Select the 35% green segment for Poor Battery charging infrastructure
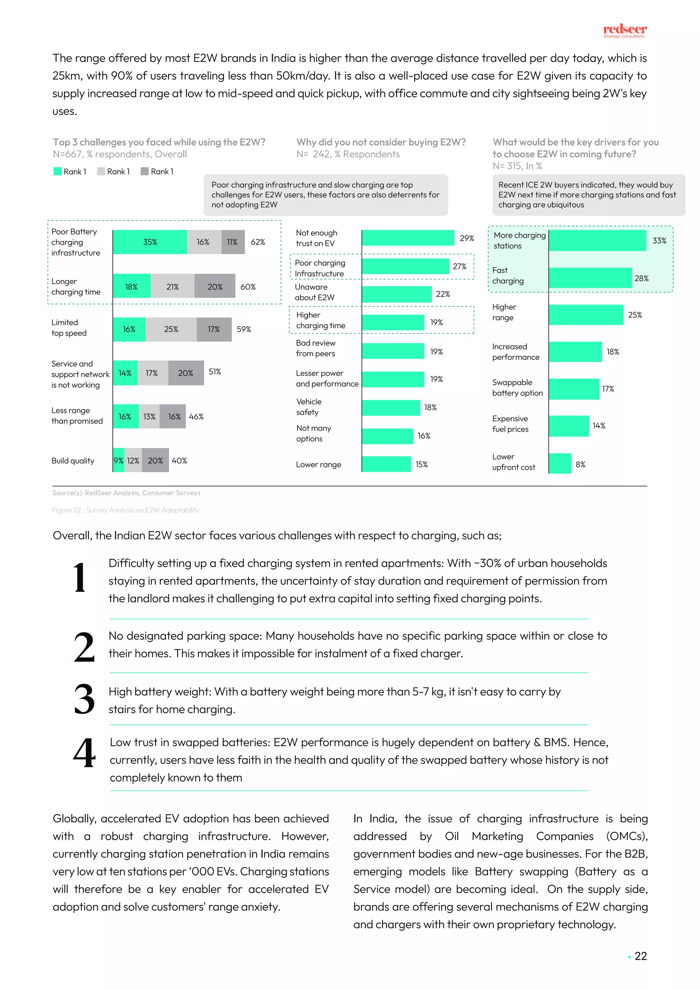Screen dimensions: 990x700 150,242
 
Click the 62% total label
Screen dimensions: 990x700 258,242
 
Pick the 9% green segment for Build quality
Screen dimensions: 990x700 119,460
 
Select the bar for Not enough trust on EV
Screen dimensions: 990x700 408,238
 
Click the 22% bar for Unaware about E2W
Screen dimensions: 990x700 396,294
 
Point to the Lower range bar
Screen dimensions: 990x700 386,464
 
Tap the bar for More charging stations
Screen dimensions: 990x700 597,241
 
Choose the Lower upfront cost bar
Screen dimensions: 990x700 560,464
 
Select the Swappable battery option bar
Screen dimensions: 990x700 574,389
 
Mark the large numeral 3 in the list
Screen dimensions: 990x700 84,699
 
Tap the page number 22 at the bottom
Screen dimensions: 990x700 641,956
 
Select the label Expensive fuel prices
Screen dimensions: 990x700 510,424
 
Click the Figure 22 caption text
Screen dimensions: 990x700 125,510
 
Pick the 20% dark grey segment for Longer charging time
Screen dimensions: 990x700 215,286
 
